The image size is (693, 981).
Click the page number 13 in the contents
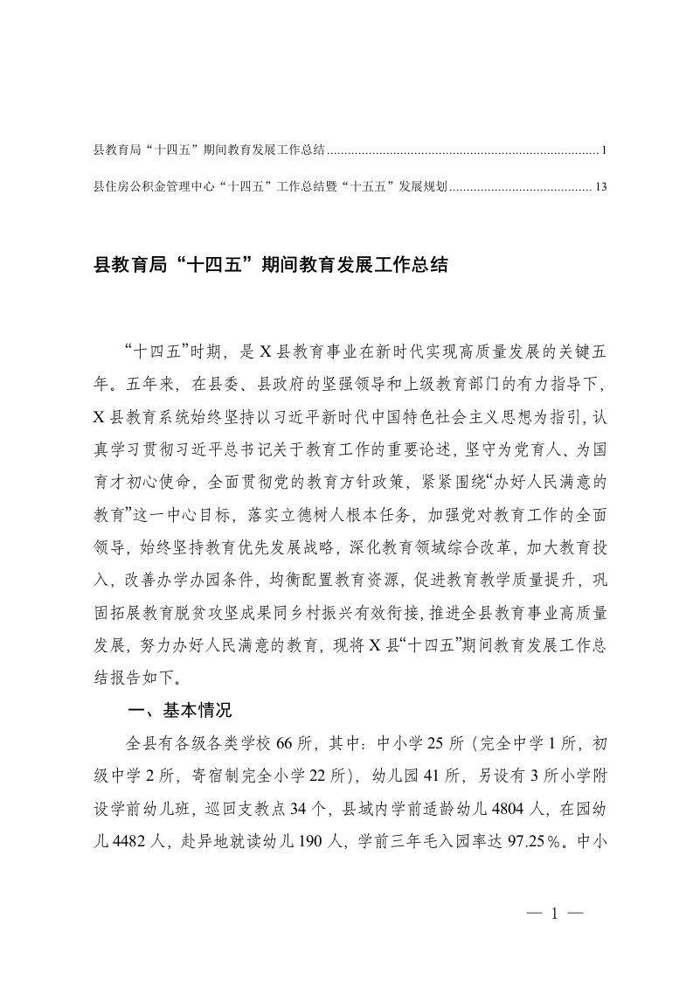click(x=599, y=186)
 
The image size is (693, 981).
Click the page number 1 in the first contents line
click(x=604, y=151)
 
